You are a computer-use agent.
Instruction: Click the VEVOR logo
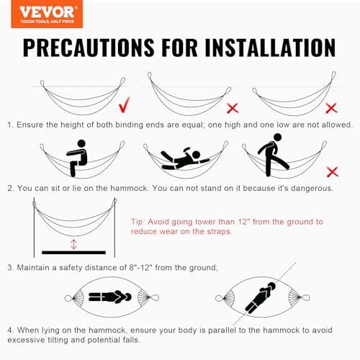(47, 14)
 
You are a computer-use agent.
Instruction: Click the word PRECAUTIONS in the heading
(89, 48)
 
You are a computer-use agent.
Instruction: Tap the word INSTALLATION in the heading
(271, 48)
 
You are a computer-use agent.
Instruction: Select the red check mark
(125, 104)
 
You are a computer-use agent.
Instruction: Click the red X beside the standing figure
(333, 172)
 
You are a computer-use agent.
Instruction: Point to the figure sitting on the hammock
(76, 158)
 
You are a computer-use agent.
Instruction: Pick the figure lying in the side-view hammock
(185, 159)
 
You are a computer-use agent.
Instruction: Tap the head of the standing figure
(277, 138)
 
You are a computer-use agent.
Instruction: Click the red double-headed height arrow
(73, 244)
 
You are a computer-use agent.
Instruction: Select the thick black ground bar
(73, 253)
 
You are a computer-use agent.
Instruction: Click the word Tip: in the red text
(138, 222)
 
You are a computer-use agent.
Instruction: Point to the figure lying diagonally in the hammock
(261, 297)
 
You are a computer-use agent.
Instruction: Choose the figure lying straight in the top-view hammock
(110, 297)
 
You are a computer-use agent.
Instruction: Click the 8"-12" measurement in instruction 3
(140, 267)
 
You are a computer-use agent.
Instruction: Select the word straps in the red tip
(219, 232)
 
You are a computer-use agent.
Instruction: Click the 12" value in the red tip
(243, 222)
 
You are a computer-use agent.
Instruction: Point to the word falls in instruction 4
(132, 340)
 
